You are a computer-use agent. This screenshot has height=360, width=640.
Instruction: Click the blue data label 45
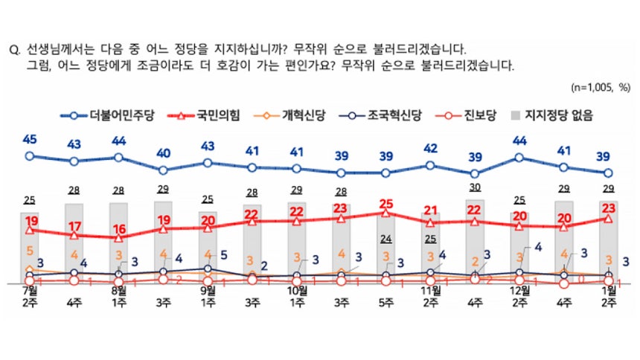pyautogui.click(x=30, y=139)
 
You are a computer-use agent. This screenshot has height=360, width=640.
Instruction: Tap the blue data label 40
pyautogui.click(x=164, y=153)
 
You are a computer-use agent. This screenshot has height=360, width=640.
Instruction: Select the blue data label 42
pyautogui.click(x=430, y=147)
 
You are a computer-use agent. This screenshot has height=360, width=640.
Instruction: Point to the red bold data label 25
pyautogui.click(x=385, y=203)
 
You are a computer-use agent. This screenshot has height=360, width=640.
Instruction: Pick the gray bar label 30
pyautogui.click(x=475, y=187)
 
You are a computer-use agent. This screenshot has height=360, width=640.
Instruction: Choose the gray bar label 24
pyautogui.click(x=385, y=239)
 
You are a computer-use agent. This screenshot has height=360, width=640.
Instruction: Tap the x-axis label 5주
pyautogui.click(x=385, y=303)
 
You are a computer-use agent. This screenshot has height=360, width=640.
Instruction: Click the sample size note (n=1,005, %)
pyautogui.click(x=601, y=88)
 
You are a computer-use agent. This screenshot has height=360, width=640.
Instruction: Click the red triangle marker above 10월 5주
pyautogui.click(x=385, y=213)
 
